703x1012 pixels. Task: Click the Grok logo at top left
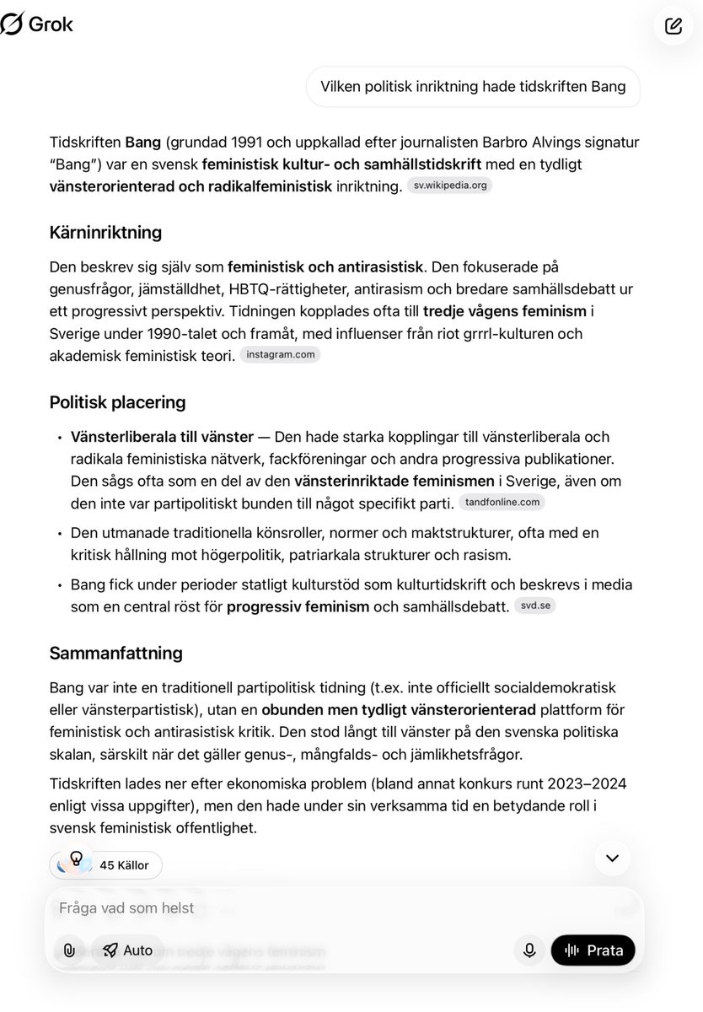[x=37, y=24]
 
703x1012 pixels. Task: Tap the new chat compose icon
[x=673, y=25]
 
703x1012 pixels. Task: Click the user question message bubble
[x=472, y=87]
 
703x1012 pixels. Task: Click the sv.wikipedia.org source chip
[x=449, y=186]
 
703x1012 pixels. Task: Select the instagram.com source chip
[x=280, y=355]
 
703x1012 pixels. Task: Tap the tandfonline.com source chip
[x=502, y=503]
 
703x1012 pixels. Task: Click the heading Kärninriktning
[x=105, y=232]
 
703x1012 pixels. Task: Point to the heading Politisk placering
[x=117, y=402]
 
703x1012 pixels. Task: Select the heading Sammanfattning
[x=115, y=653]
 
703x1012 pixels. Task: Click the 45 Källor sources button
[x=106, y=864]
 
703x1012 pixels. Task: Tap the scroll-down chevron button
[x=612, y=858]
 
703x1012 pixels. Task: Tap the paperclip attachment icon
[x=69, y=950]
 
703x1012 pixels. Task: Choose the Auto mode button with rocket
[x=128, y=950]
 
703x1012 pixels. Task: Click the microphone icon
[x=529, y=950]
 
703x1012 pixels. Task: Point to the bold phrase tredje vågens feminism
[x=504, y=310]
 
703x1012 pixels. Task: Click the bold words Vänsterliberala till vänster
[x=162, y=437]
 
